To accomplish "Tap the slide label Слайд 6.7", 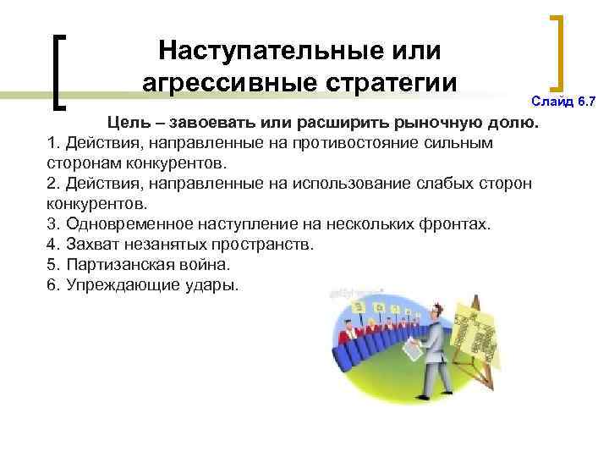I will point(563,102).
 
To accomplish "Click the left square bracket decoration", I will point(60,71).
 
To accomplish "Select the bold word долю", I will point(512,124).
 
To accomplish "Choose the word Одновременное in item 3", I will point(135,224).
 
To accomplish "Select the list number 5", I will point(53,265).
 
